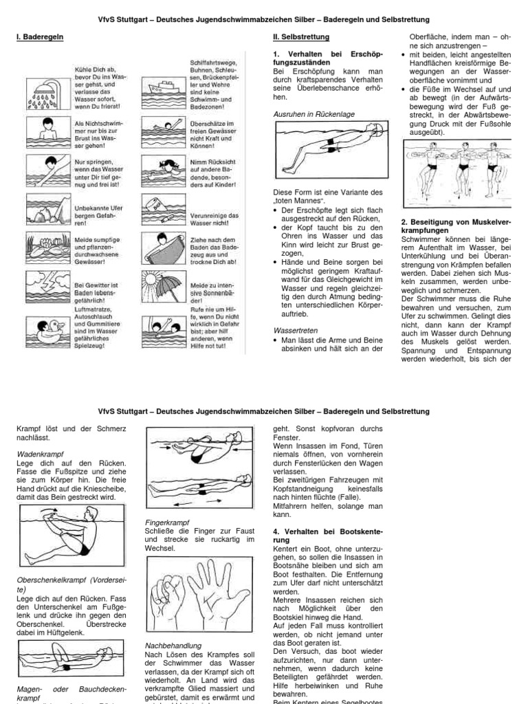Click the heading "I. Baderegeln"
(x=41, y=36)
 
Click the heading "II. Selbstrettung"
(x=301, y=36)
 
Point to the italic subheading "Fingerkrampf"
(x=167, y=522)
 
